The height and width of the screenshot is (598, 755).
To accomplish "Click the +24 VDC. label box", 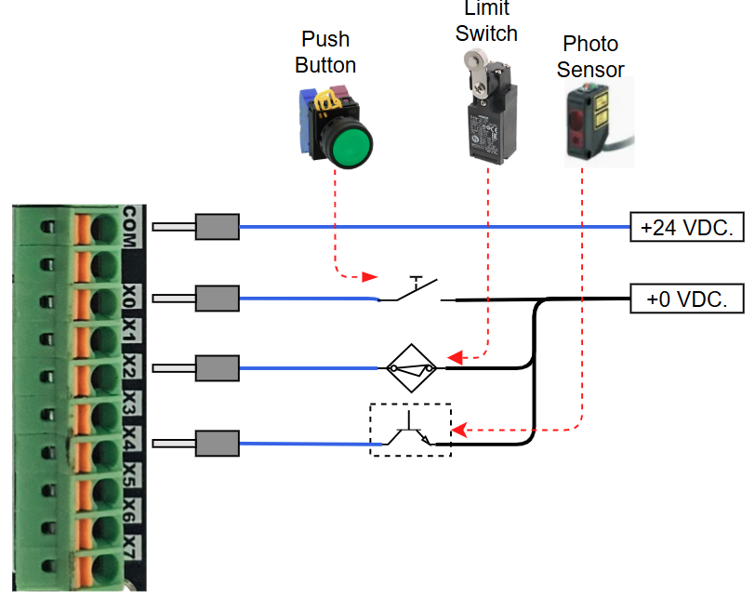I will click(x=687, y=227).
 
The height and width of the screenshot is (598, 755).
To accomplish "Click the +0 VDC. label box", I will click(x=687, y=299).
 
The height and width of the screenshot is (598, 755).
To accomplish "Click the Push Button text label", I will click(x=325, y=52).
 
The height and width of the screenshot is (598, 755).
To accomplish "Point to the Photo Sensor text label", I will click(x=590, y=56).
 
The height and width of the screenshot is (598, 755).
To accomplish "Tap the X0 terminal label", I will click(x=129, y=297).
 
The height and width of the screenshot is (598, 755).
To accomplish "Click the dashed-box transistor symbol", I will click(x=410, y=430).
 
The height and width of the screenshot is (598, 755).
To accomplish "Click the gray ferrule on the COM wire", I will click(x=218, y=227).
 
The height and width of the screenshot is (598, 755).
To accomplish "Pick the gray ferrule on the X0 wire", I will click(x=218, y=299).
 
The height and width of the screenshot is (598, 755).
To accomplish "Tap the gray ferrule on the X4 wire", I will click(x=218, y=444).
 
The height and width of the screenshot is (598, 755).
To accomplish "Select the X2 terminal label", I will click(x=129, y=369).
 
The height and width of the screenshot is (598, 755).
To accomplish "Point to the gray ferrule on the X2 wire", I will click(x=218, y=369).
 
